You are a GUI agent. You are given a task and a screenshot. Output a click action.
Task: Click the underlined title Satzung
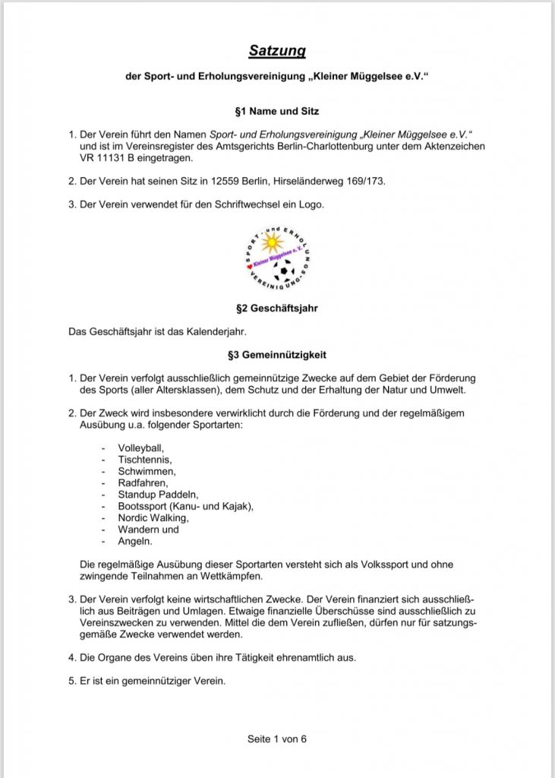coord(277,51)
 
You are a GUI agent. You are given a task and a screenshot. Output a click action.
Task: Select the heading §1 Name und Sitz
coord(277,112)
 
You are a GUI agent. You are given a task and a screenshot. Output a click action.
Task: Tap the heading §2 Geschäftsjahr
coord(277,309)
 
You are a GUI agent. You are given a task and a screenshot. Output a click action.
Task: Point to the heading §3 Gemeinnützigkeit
coord(277,354)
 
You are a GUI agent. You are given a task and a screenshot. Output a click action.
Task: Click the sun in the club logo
coord(270,243)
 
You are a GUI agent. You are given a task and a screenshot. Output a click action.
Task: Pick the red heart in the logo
coord(248,266)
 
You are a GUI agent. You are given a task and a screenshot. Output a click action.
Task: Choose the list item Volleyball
coord(140,448)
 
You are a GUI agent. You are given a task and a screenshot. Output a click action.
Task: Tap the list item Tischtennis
coord(144,459)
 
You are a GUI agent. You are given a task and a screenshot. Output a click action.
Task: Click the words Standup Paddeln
coord(157,495)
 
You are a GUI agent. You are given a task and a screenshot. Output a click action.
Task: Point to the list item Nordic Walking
coord(153,517)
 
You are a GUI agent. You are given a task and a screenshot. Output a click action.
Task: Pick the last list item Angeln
coord(134,541)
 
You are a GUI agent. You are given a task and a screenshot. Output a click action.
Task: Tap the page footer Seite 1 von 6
coord(277,738)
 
